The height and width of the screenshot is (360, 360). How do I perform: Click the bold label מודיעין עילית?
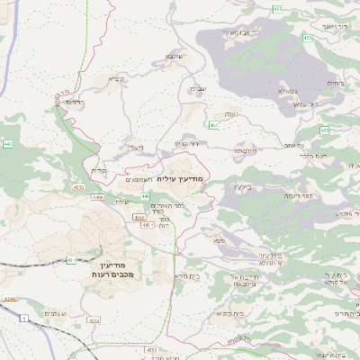click(x=181, y=178)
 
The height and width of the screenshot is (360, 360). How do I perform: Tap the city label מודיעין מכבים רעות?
click(x=112, y=266)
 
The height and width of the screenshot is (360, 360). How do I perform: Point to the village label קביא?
click(x=116, y=79)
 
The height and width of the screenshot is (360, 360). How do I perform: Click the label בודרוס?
click(x=75, y=102)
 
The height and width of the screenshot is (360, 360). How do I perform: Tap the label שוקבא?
click(x=174, y=57)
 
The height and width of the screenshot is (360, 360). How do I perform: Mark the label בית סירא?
click(x=186, y=275)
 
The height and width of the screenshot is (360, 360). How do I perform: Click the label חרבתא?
click(x=247, y=152)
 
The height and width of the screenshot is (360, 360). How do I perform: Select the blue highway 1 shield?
click(x=23, y=318)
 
